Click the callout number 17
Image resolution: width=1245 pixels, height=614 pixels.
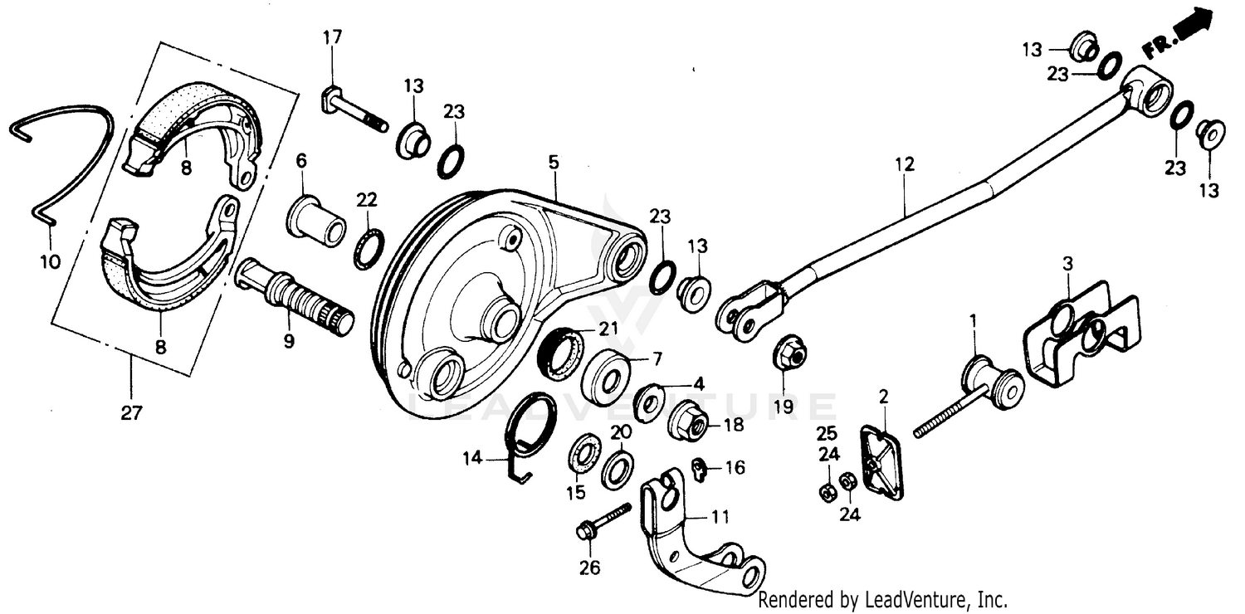point(332,37)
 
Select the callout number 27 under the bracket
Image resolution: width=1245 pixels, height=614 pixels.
point(130,412)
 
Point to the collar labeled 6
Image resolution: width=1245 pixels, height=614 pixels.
point(316,219)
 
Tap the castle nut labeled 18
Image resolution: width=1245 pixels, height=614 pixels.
point(689,418)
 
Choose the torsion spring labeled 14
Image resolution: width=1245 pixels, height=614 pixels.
point(531,431)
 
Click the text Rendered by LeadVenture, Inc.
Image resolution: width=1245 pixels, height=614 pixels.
point(883,599)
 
